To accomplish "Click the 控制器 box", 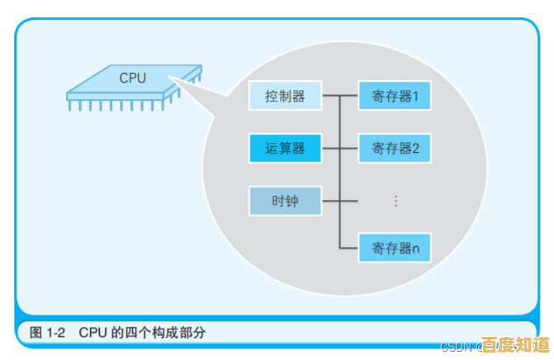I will [x=285, y=97].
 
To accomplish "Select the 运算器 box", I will [x=285, y=149].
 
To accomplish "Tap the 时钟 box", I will [x=285, y=201].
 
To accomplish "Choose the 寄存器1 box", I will [x=395, y=97].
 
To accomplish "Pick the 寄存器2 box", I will [x=395, y=149].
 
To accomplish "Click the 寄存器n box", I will [x=395, y=247].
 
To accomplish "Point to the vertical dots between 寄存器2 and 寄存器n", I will [x=395, y=201].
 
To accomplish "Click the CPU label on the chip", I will [x=132, y=78].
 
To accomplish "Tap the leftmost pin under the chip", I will [x=71, y=106].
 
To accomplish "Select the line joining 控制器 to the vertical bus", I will [x=329, y=97].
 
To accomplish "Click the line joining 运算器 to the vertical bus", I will [x=329, y=149].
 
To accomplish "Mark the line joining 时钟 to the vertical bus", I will [x=329, y=201].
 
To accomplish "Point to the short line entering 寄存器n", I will [x=349, y=247].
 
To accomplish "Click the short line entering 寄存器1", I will [x=349, y=97].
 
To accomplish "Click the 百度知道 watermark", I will [x=516, y=345].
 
